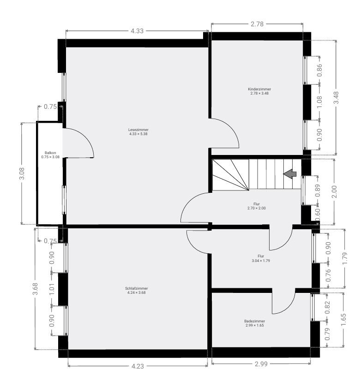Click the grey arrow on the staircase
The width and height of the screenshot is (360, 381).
pos(290,174)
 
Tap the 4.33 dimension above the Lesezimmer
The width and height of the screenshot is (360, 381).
pos(137,31)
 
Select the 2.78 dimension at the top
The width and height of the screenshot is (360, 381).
pos(257,24)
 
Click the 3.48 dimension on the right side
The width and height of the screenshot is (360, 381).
pos(336,98)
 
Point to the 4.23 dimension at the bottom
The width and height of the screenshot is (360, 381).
pos(138,366)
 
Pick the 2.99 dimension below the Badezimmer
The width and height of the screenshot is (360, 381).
pos(261,364)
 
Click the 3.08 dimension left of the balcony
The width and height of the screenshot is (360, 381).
pos(22,173)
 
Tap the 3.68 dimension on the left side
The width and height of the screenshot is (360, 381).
pos(35,289)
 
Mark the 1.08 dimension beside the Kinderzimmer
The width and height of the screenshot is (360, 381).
pos(319,102)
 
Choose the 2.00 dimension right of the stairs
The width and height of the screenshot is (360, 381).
pos(334,192)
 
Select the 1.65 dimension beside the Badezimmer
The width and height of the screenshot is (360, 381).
pos(343,320)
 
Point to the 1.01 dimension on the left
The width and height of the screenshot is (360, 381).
pos(52,289)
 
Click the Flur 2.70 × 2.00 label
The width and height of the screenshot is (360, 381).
pos(257,206)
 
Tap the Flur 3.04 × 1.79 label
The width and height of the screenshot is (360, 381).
pos(261,258)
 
